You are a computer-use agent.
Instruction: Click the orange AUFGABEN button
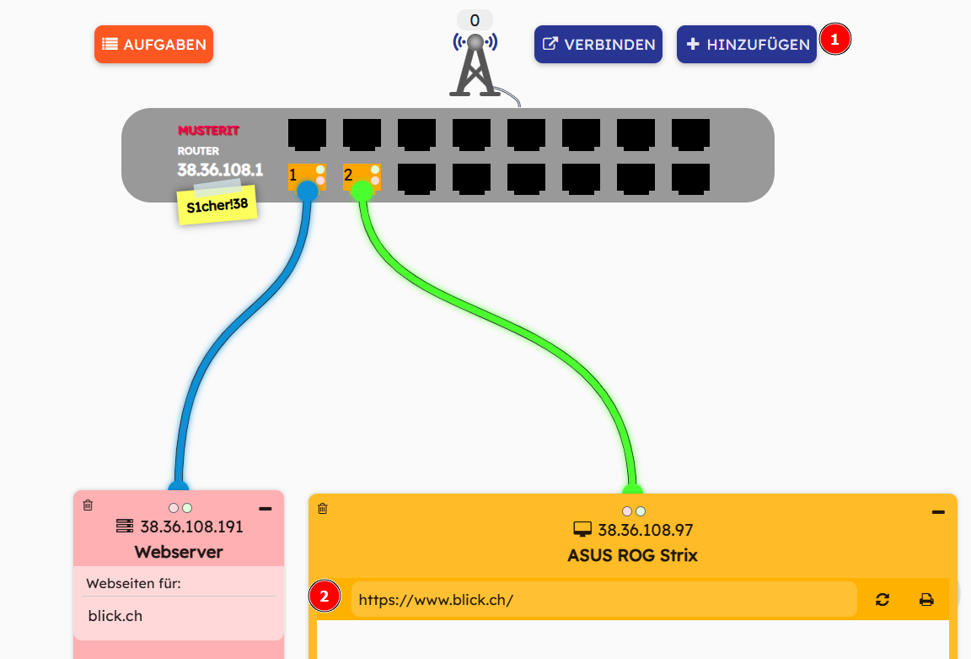click(153, 45)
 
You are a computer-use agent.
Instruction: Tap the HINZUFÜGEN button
click(746, 45)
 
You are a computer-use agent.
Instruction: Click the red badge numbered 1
click(834, 40)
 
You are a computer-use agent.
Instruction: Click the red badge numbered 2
click(325, 597)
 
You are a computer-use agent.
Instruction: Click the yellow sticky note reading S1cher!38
click(217, 205)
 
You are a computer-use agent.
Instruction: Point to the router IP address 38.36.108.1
click(220, 170)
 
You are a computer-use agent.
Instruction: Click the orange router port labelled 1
click(306, 176)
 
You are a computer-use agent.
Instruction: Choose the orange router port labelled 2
click(361, 176)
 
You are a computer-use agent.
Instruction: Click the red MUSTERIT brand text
click(208, 131)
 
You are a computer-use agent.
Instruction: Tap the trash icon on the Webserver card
click(88, 505)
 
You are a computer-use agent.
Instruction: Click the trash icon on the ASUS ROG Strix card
click(322, 508)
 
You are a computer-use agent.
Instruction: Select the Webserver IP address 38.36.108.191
click(191, 527)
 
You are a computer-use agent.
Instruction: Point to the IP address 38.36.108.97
click(645, 531)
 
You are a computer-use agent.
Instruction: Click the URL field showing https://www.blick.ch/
click(604, 600)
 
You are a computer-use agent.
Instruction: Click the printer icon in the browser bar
click(926, 600)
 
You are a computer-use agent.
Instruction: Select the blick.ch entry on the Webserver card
click(115, 616)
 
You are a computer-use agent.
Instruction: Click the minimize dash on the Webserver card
click(265, 509)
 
